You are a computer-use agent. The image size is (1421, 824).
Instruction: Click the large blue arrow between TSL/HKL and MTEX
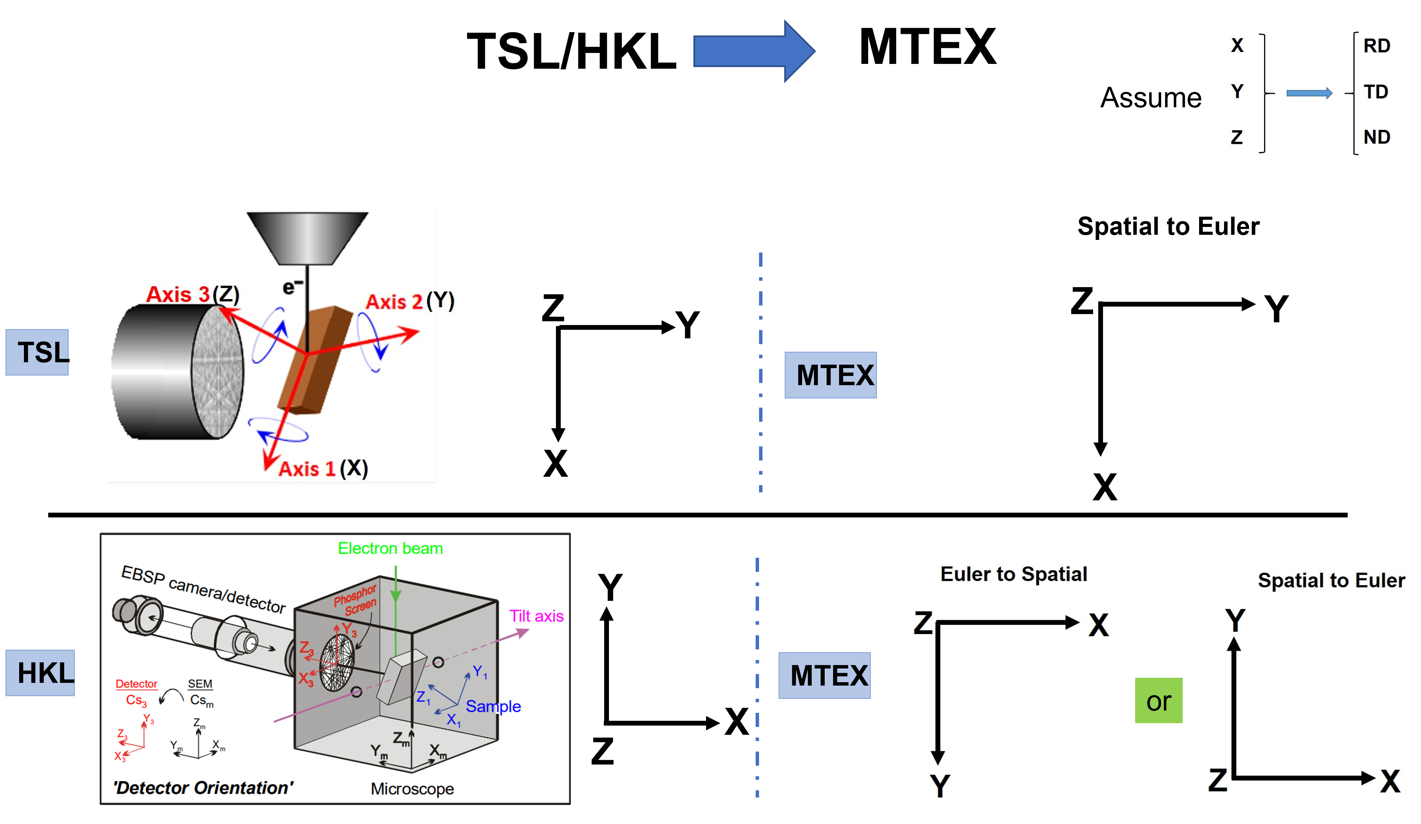pos(753,51)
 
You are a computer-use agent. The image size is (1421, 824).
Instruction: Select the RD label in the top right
pos(1377,46)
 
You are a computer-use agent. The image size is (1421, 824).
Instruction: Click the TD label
pos(1375,92)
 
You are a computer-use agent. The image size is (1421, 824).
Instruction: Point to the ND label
pos(1377,137)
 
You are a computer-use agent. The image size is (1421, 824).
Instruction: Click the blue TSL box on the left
pos(37,352)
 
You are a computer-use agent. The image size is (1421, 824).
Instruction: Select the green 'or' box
pos(1158,701)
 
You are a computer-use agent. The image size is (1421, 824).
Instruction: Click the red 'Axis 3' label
pos(178,294)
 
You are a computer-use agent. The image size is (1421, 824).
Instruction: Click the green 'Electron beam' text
pos(390,549)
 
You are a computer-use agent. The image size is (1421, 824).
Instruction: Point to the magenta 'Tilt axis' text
pos(536,616)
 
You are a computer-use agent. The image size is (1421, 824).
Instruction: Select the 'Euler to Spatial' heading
pos(1013,574)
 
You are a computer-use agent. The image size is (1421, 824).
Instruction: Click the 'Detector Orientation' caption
pos(203,787)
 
